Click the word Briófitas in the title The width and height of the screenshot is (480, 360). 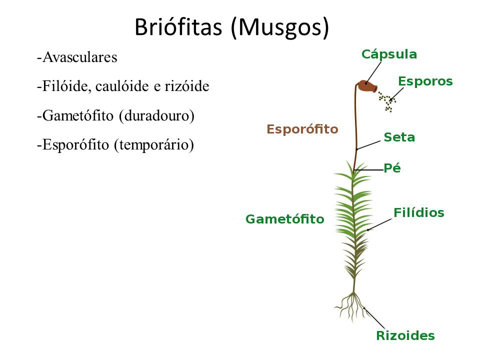click(x=178, y=27)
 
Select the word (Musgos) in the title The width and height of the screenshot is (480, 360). click(x=280, y=28)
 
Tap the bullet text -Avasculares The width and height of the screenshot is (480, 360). click(x=77, y=57)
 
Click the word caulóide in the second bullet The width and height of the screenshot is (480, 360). click(x=123, y=86)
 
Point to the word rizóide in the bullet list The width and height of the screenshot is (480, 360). click(x=186, y=86)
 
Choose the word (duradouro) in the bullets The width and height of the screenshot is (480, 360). click(x=156, y=116)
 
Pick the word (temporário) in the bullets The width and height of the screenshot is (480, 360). click(x=154, y=145)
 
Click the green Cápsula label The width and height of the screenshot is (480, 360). click(x=389, y=54)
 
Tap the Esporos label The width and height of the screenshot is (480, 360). click(x=425, y=81)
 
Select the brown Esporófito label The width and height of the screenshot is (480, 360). click(x=302, y=129)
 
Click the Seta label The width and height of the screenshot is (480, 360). click(x=399, y=137)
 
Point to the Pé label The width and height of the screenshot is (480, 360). click(x=392, y=167)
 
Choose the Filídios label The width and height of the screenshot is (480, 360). click(x=419, y=212)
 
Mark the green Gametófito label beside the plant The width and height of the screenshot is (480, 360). click(x=284, y=219)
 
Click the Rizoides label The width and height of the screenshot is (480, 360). click(x=405, y=335)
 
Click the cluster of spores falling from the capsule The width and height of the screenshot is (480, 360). click(x=387, y=101)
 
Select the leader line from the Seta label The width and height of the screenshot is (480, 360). click(x=368, y=145)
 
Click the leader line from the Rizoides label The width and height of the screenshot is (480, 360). click(x=374, y=318)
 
